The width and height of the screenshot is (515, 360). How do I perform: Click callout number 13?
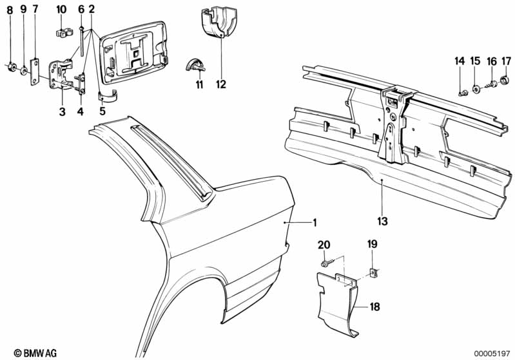[x=382, y=221]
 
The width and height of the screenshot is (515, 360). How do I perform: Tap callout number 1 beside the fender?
[x=315, y=223]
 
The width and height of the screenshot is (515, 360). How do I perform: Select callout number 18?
[x=375, y=307]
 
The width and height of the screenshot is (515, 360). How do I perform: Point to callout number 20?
[x=324, y=244]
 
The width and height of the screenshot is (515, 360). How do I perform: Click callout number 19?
[x=372, y=244]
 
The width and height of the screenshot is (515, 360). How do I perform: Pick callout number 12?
[x=221, y=84]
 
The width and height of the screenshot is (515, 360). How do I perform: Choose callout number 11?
[x=200, y=84]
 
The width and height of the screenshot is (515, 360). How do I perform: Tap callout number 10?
[x=61, y=9]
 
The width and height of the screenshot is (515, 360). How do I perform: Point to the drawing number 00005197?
[x=493, y=352]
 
